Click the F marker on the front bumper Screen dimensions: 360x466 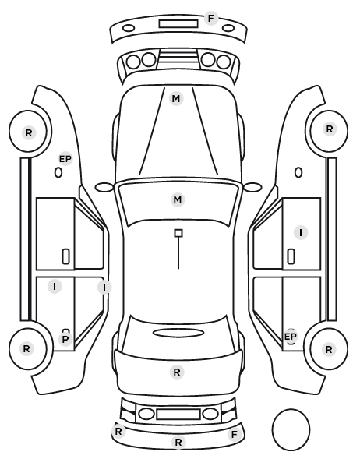tap(210, 19)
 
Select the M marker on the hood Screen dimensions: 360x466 tap(176, 98)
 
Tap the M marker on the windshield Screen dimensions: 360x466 tap(178, 199)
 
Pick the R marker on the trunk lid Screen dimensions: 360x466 tap(177, 372)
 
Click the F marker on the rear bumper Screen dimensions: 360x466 tap(235, 435)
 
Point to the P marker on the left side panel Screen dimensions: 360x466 tap(65, 339)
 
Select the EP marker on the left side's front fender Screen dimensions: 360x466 tap(65, 159)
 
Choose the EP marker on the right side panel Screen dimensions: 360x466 tap(291, 337)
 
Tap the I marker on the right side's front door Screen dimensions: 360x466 tap(301, 232)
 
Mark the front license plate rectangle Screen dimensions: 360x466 tap(178, 24)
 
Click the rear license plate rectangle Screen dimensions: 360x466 tap(178, 414)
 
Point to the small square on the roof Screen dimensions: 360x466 tap(178, 233)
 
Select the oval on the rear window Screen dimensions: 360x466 tap(178, 333)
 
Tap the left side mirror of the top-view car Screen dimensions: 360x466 tap(104, 187)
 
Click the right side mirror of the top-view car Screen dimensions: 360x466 tap(252, 187)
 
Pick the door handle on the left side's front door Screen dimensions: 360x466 tap(65, 256)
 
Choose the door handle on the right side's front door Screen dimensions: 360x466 tap(291, 256)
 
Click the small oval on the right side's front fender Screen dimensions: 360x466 tap(298, 172)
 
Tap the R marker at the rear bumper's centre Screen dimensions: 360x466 tap(178, 442)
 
